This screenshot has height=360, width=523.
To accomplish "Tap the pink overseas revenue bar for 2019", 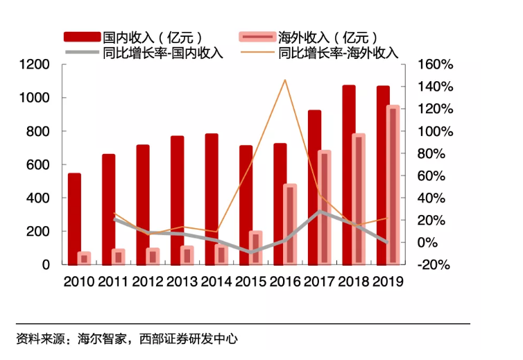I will tap(393, 185).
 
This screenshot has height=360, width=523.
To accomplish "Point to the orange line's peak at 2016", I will tap(284, 80).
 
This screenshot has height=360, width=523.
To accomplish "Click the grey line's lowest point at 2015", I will tap(250, 252).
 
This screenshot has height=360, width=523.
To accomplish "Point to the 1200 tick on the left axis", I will tap(35, 65).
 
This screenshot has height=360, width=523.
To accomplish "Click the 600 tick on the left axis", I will tap(39, 164).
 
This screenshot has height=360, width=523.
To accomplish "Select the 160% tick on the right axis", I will tap(436, 65).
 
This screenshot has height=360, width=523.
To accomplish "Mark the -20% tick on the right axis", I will tap(434, 264).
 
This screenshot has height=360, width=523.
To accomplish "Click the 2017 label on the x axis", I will tap(319, 282).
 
